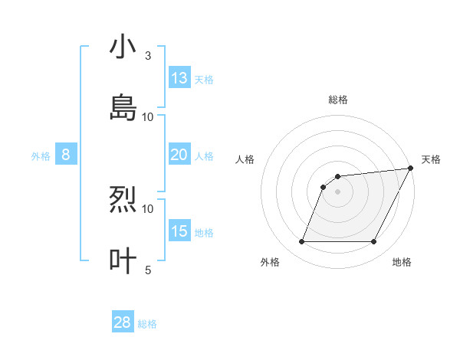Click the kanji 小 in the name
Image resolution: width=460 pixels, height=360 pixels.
tap(123, 47)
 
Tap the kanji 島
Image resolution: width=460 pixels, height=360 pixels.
tap(123, 107)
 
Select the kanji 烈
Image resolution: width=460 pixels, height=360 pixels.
tap(123, 200)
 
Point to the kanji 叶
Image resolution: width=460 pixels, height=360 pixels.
tap(123, 260)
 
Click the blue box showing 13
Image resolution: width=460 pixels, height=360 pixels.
tap(179, 78)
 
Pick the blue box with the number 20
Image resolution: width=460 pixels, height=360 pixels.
tap(179, 155)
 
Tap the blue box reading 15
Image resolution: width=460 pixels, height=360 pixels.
tap(179, 231)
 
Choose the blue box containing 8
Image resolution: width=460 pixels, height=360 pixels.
tap(66, 155)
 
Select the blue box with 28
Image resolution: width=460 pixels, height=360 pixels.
tap(123, 322)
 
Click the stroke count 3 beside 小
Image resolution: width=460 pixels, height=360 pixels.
tap(147, 56)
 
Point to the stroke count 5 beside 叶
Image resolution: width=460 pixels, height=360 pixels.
tap(147, 270)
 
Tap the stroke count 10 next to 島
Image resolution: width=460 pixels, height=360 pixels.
tap(147, 116)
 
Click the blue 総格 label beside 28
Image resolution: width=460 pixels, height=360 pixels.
tap(147, 324)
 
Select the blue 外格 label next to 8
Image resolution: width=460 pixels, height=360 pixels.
tap(41, 156)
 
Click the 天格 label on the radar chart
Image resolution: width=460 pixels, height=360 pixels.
tap(431, 159)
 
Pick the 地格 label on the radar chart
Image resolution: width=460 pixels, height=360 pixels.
tap(402, 262)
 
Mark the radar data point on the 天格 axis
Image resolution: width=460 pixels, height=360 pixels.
tap(411, 169)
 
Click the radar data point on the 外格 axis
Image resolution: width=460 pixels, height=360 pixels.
tap(301, 242)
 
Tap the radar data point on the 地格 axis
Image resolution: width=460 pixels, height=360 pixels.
tap(374, 242)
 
